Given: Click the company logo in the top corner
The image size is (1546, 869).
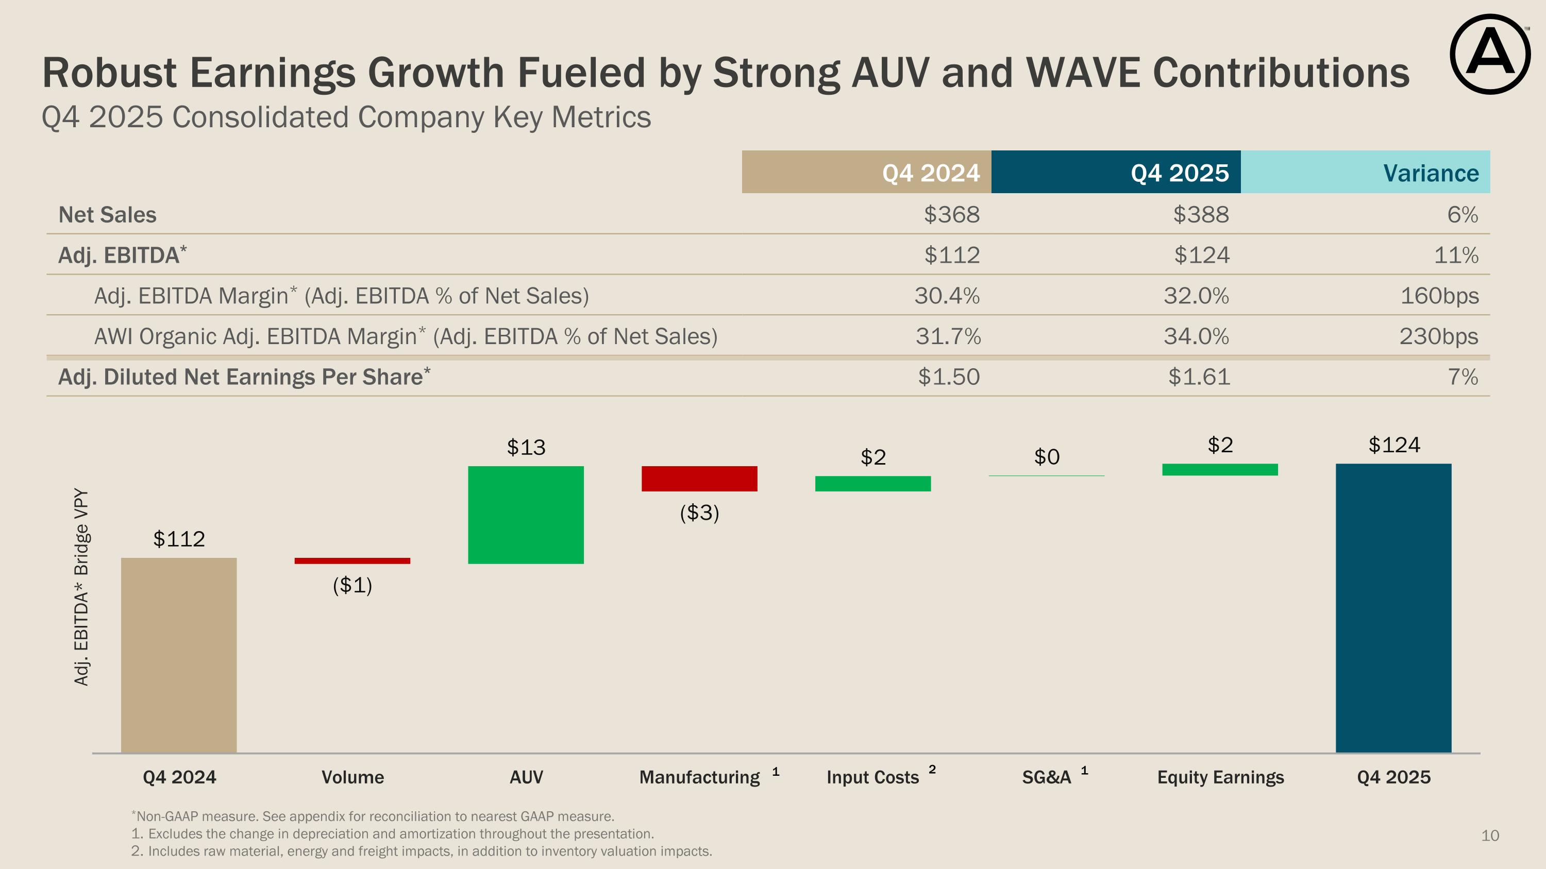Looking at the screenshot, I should pyautogui.click(x=1490, y=54).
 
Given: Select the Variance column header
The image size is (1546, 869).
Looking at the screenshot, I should pyautogui.click(x=1431, y=173).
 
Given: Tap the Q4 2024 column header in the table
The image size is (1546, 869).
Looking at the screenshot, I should pyautogui.click(x=930, y=173).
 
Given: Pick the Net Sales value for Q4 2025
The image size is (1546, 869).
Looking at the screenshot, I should pyautogui.click(x=1201, y=215).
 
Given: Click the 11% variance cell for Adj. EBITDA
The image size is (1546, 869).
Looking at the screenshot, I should pyautogui.click(x=1456, y=255).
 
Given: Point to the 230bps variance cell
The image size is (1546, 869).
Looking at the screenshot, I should pyautogui.click(x=1439, y=336).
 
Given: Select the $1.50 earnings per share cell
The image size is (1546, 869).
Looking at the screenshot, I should pyautogui.click(x=948, y=377).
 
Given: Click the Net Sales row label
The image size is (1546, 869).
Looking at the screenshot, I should pyautogui.click(x=107, y=215).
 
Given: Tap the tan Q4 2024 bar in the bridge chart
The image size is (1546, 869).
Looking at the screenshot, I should pyautogui.click(x=179, y=655).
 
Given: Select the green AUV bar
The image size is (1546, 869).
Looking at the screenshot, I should pyautogui.click(x=526, y=515).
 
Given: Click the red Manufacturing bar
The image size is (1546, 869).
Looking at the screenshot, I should pyautogui.click(x=699, y=479).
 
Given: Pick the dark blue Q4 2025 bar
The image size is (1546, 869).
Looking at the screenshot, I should pyautogui.click(x=1393, y=607).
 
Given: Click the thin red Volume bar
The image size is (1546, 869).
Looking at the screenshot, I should pyautogui.click(x=352, y=561).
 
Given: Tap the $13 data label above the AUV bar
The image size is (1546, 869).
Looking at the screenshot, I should pyautogui.click(x=526, y=448).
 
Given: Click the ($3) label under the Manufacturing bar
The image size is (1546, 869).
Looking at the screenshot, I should pyautogui.click(x=699, y=513).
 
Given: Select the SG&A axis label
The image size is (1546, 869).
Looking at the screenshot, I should pyautogui.click(x=1047, y=777).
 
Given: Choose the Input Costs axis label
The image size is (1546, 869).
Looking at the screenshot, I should pyautogui.click(x=872, y=777).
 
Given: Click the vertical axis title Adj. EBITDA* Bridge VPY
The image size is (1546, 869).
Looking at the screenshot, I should pyautogui.click(x=81, y=587).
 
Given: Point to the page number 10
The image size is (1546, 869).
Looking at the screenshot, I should pyautogui.click(x=1490, y=836).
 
